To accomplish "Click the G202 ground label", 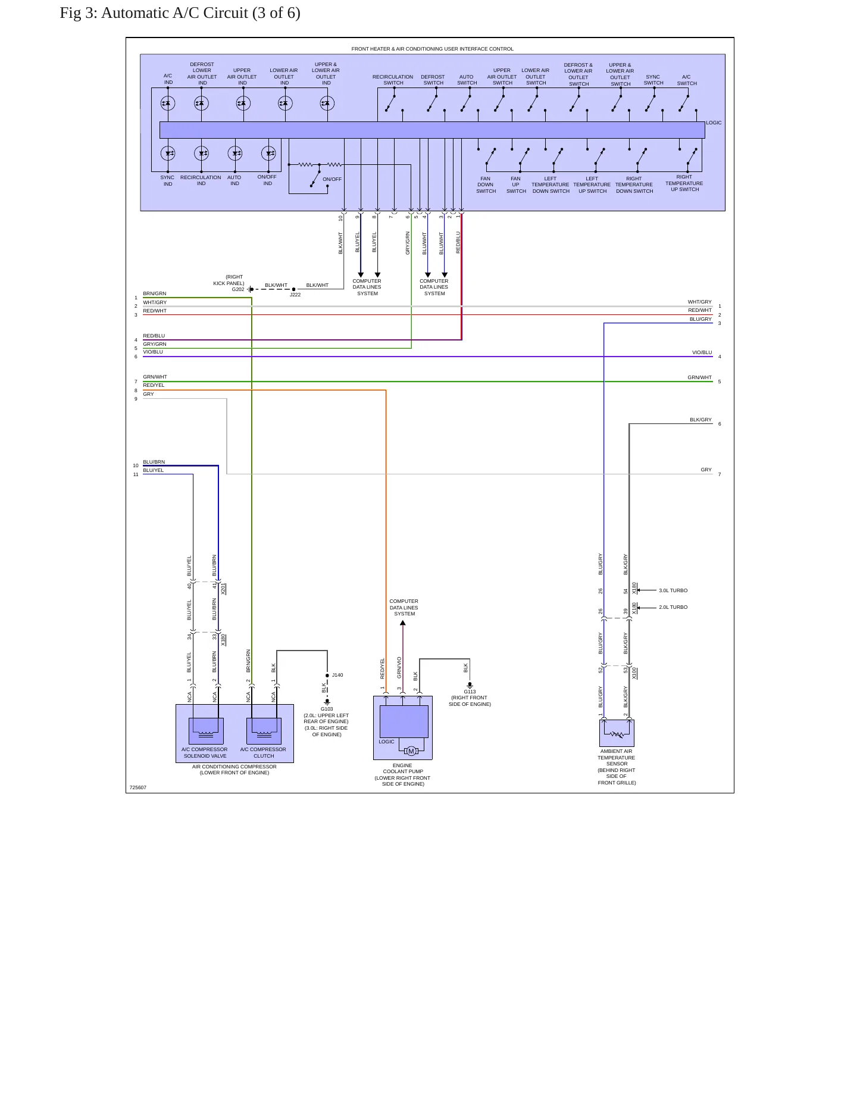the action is click(x=238, y=289).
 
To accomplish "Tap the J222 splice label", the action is click(x=295, y=295).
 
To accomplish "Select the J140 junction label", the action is click(x=337, y=675).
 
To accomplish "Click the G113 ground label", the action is click(x=470, y=692).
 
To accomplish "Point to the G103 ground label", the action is click(x=327, y=709).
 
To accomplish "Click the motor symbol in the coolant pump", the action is click(x=411, y=751).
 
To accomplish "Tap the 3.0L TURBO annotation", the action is click(x=673, y=590).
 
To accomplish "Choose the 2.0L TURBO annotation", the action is click(x=673, y=607).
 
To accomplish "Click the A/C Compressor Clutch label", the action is click(x=263, y=752).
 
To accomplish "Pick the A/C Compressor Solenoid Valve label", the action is click(x=205, y=752).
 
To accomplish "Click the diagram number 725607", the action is click(x=138, y=787).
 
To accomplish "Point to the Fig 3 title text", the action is click(x=180, y=12).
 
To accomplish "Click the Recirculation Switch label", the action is click(x=393, y=80).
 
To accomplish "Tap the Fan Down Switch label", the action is click(x=486, y=185).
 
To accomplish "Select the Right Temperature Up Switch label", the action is click(x=684, y=183).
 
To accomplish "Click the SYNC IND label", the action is click(x=168, y=180).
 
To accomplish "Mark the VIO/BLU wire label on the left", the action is click(x=153, y=352).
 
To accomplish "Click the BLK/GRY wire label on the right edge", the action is click(x=701, y=420).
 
